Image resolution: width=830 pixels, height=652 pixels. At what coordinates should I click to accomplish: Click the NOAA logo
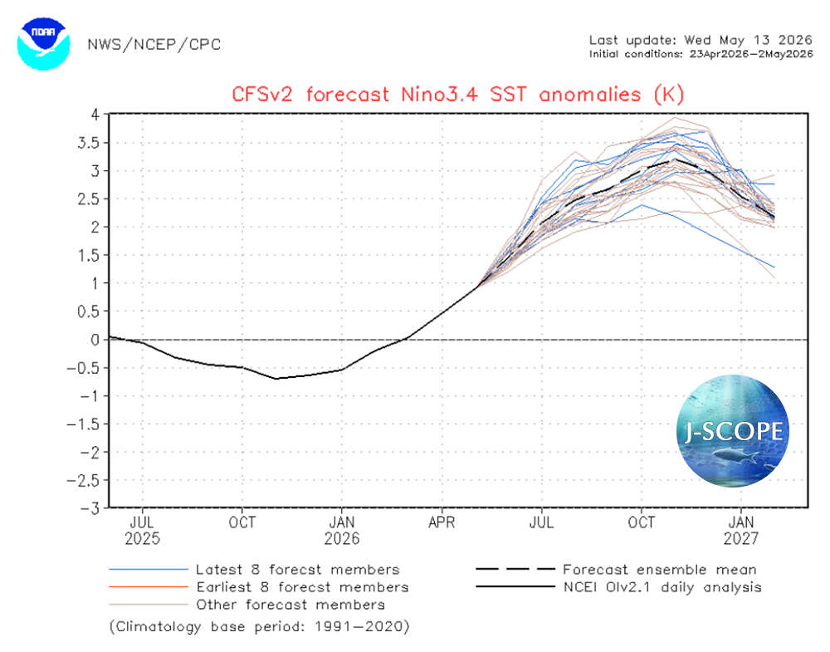tap(43, 44)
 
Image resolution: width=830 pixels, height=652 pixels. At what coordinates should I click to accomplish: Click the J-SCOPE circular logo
tap(733, 430)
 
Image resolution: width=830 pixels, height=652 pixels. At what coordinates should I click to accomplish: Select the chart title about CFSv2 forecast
tap(458, 95)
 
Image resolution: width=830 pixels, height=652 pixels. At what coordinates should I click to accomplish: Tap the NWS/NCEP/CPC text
tap(154, 45)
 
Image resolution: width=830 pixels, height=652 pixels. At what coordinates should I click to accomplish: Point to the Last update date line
tap(701, 40)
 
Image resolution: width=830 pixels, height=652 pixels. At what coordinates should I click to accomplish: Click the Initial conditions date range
tap(701, 54)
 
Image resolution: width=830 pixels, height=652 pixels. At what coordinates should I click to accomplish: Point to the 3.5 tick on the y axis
tap(89, 143)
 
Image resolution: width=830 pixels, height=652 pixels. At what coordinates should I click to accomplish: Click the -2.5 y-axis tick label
tap(84, 480)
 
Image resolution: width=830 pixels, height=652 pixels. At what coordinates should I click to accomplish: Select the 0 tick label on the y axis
tap(95, 340)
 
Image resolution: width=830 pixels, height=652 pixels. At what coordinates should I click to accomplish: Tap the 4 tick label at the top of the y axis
tap(95, 115)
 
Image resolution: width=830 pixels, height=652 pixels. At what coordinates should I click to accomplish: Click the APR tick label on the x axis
tap(442, 522)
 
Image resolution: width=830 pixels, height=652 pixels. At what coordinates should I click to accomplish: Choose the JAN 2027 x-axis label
tap(741, 531)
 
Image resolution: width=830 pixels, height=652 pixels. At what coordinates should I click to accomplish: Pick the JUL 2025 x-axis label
tap(143, 531)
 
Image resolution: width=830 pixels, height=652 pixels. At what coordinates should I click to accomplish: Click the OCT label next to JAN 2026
tap(242, 522)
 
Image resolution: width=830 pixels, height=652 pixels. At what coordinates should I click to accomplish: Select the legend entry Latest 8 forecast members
tap(254, 570)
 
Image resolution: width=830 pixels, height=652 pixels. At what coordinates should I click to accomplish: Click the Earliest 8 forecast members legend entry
tap(259, 587)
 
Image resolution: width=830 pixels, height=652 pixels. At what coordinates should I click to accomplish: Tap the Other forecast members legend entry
tap(247, 605)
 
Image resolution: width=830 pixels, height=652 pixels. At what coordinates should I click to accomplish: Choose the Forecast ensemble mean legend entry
tap(616, 570)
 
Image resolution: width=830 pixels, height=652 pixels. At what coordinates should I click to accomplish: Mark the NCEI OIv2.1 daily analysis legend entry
tap(619, 587)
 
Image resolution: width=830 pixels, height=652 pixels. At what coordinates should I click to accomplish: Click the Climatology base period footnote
tap(259, 626)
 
